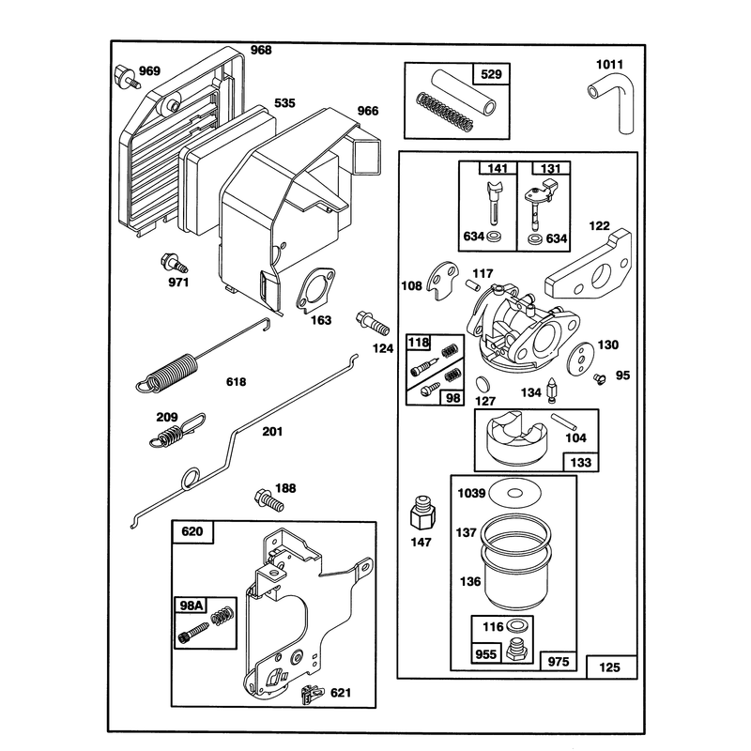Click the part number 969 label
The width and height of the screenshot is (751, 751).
coord(149,71)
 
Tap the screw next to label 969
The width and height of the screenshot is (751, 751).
coord(126,77)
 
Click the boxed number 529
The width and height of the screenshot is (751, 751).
coord(491,74)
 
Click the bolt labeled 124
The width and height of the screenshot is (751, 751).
coord(372,323)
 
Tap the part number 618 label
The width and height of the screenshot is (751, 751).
coord(237,382)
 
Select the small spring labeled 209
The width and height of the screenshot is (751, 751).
coord(176,432)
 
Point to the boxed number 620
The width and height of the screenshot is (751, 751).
coord(192,531)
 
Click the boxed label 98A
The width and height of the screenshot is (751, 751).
coord(191,605)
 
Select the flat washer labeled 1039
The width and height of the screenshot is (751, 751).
coord(514,493)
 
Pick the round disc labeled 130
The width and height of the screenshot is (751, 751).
coord(580,360)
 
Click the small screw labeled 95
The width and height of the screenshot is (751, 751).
coord(600,378)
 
